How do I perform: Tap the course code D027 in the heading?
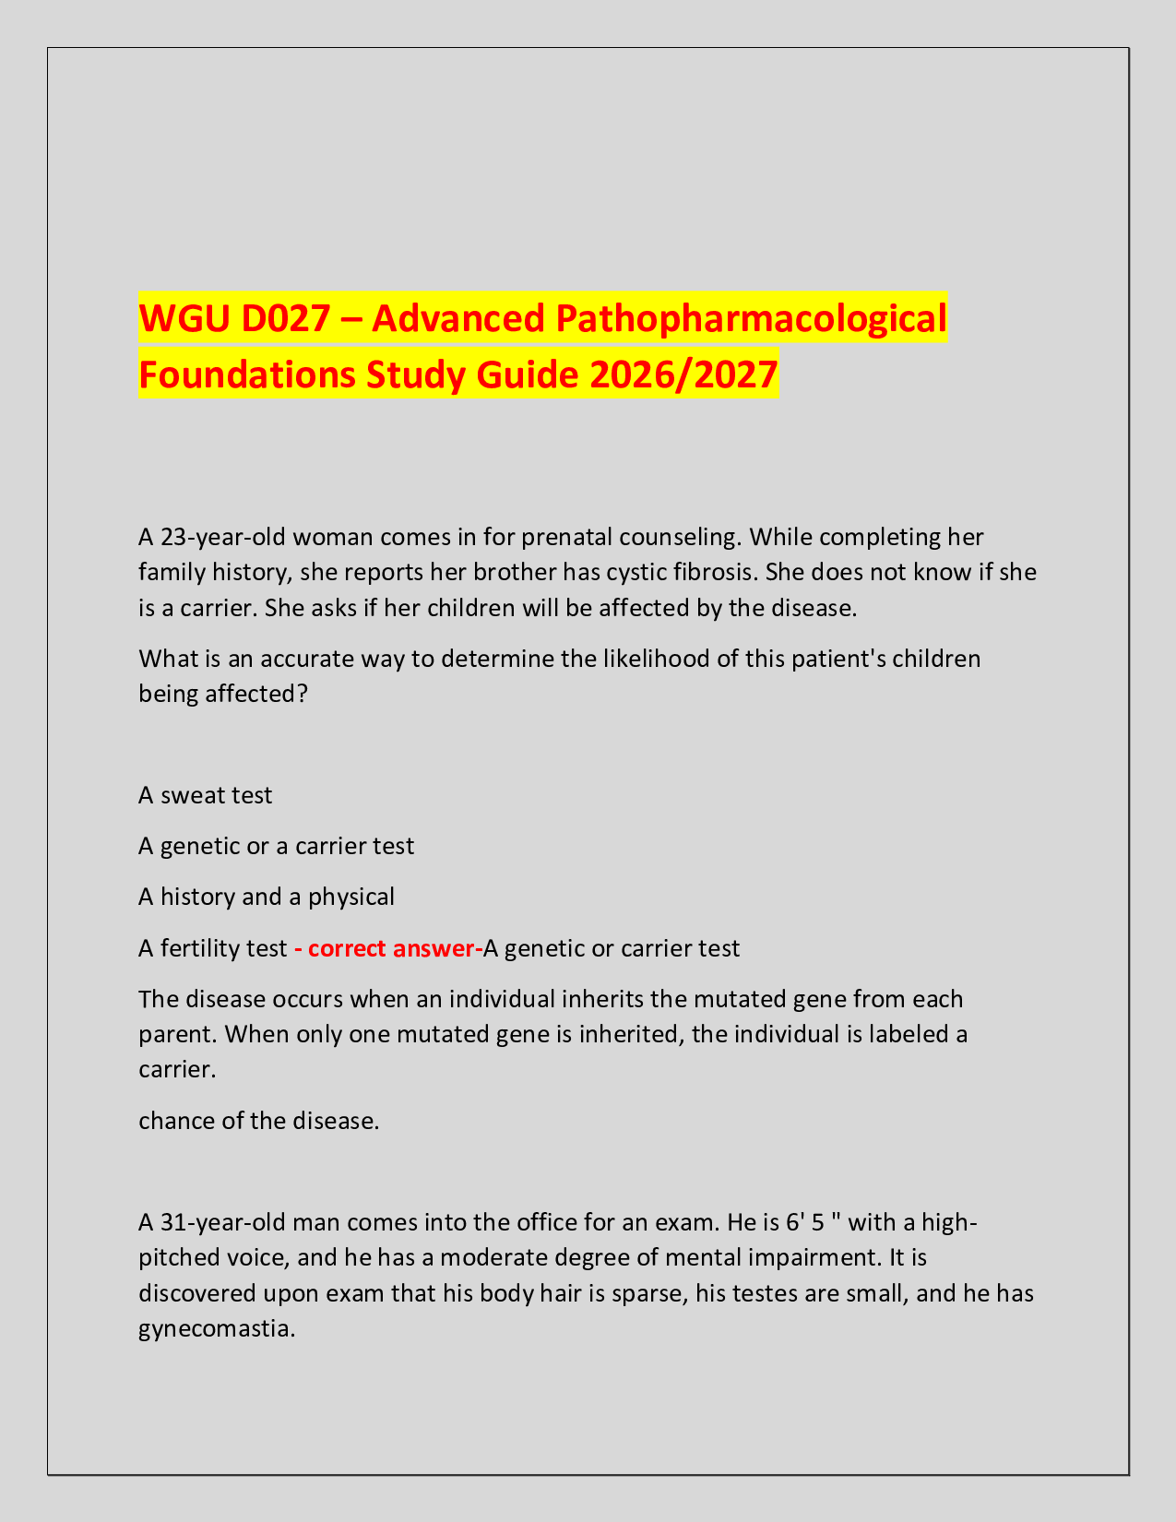pos(289,319)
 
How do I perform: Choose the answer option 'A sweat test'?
pos(205,795)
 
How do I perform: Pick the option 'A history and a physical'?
pos(266,896)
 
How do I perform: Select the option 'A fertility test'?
pos(212,948)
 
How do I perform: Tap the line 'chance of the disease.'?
pos(258,1121)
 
